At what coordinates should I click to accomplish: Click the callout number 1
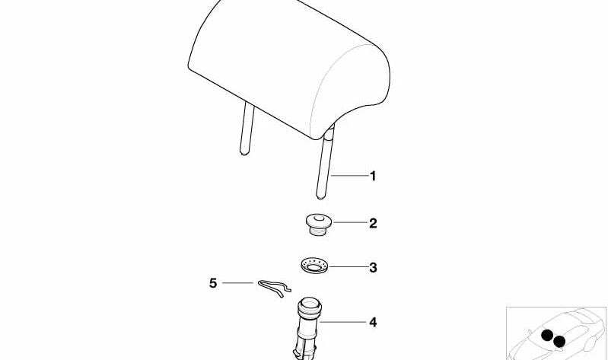(x=373, y=176)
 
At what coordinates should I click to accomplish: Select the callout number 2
(x=373, y=224)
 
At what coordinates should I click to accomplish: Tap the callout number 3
(x=373, y=268)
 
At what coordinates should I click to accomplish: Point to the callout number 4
(x=373, y=323)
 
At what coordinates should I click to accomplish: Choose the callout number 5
(x=213, y=283)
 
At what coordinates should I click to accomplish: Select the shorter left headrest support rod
(x=247, y=128)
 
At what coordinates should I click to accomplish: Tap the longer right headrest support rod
(x=325, y=163)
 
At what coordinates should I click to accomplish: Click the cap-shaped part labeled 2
(x=318, y=224)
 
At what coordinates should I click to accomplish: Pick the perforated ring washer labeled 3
(x=314, y=266)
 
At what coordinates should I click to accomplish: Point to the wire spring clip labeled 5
(x=275, y=288)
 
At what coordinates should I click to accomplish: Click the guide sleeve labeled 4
(x=307, y=328)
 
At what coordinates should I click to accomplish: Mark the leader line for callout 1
(x=350, y=176)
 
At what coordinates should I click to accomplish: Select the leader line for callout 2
(x=350, y=223)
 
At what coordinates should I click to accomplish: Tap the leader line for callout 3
(x=349, y=267)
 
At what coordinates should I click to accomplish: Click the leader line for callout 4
(x=342, y=322)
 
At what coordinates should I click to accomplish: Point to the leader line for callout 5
(x=237, y=283)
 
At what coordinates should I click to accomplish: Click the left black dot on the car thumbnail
(x=547, y=335)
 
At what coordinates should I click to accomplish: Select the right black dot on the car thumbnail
(x=559, y=342)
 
